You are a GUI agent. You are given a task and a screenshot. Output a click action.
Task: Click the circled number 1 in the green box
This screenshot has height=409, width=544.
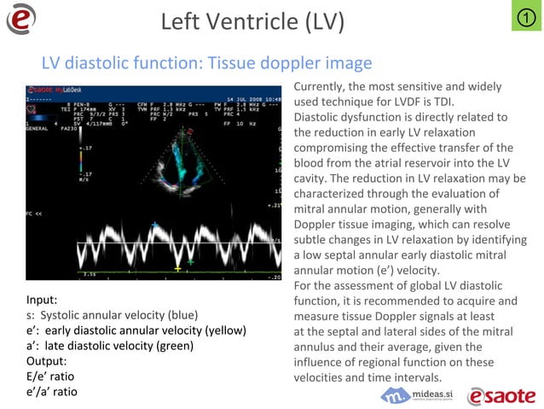coord(526,17)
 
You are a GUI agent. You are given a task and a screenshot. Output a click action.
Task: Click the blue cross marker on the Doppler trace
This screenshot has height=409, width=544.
coord(155,224)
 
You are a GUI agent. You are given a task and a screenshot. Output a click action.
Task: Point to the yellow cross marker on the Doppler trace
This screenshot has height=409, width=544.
coord(177,269)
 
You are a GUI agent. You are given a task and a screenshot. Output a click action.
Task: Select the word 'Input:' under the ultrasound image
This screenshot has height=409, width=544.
coord(42,300)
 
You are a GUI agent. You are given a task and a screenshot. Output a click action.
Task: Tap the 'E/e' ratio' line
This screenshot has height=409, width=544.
coord(53,377)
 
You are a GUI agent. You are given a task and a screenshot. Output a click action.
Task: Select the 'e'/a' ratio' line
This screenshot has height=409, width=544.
coord(52,392)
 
